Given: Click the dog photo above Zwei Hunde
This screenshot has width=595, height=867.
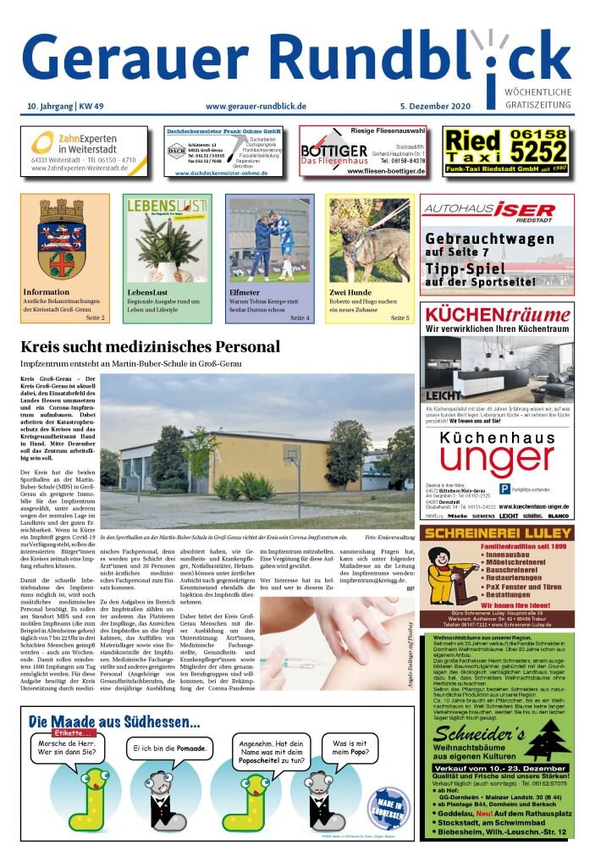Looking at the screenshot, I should [369, 240].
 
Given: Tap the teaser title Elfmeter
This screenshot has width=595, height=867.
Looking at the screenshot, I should [244, 292].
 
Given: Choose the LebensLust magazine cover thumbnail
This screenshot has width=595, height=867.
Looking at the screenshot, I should [168, 240].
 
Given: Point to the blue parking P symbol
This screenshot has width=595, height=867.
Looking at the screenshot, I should [504, 489].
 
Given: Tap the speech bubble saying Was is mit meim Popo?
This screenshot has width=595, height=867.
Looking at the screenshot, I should [355, 749].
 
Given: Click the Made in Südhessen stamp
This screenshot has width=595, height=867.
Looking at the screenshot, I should [390, 804].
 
